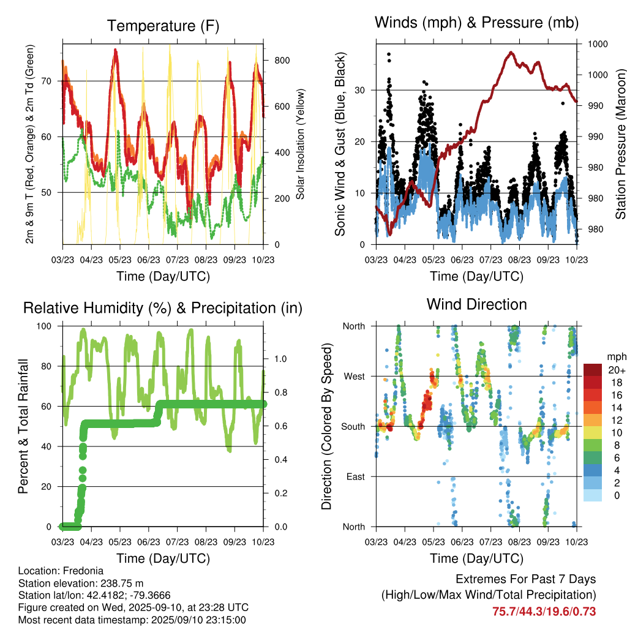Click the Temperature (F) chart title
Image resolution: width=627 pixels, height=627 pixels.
tap(163, 26)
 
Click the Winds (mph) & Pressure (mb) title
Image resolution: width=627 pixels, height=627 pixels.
tap(476, 23)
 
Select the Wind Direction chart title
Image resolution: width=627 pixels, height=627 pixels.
tap(476, 304)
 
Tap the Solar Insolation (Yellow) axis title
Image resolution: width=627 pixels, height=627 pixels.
tap(300, 145)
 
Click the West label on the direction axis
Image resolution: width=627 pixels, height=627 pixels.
tap(353, 376)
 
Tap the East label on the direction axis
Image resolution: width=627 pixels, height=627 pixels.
tap(355, 476)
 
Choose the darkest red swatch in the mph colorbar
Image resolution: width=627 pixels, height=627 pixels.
tap(592, 370)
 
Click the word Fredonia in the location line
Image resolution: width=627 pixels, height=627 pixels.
tap(81, 571)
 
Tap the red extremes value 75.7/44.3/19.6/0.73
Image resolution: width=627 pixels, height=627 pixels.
tap(544, 611)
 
